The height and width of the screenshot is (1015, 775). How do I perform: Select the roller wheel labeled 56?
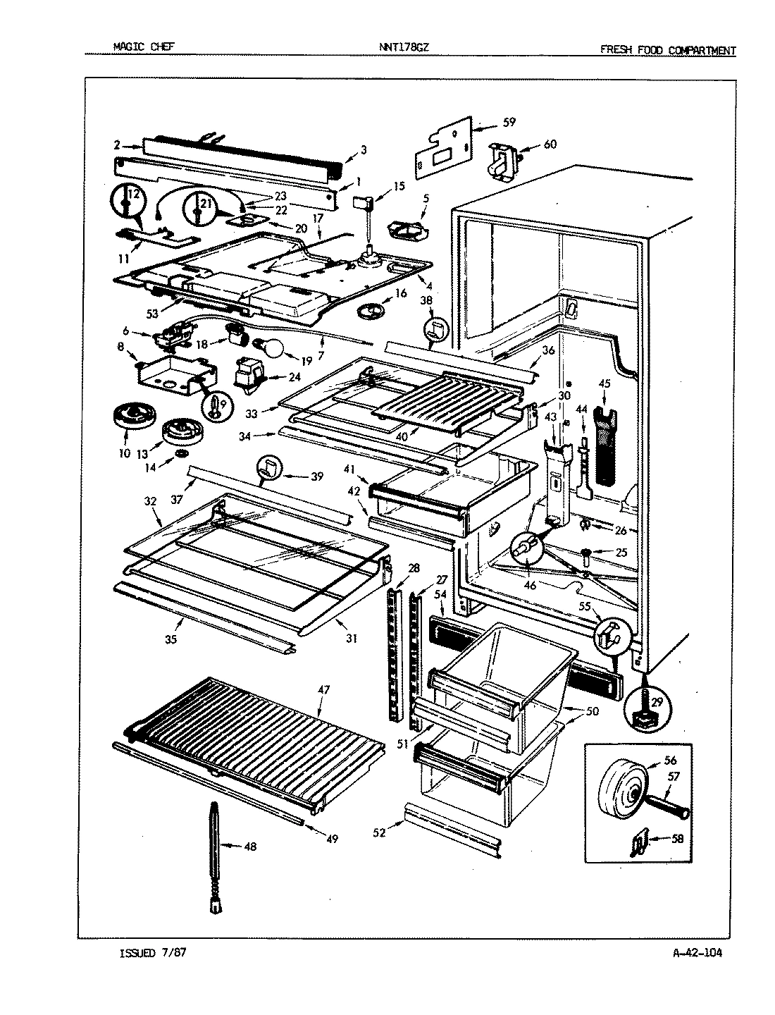tap(623, 790)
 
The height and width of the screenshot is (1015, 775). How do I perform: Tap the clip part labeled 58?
tap(638, 840)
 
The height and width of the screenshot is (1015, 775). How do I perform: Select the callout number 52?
tap(380, 832)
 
